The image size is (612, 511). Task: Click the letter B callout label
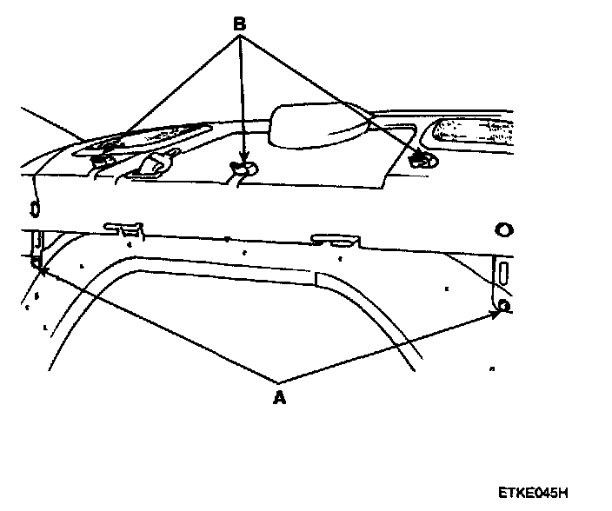pos(239,23)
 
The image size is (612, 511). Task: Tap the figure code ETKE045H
pos(539,492)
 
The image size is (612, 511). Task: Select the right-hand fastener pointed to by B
pos(424,159)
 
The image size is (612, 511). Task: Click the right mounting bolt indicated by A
pos(503,305)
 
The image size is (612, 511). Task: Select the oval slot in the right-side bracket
pos(502,272)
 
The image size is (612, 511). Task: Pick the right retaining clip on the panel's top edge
pos(336,238)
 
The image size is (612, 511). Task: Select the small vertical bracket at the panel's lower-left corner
pos(37,248)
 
